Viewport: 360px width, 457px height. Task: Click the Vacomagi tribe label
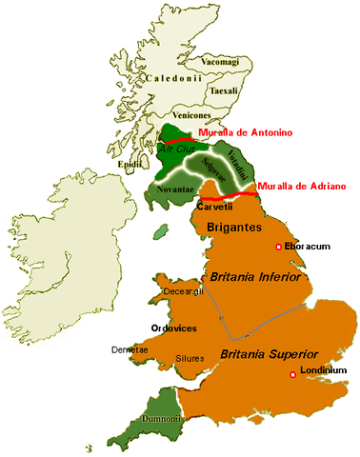(218, 61)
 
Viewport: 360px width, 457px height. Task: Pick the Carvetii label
(212, 206)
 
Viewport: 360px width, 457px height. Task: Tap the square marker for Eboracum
(278, 248)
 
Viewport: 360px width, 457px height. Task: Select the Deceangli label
(185, 290)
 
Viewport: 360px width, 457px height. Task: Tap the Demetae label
(129, 349)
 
